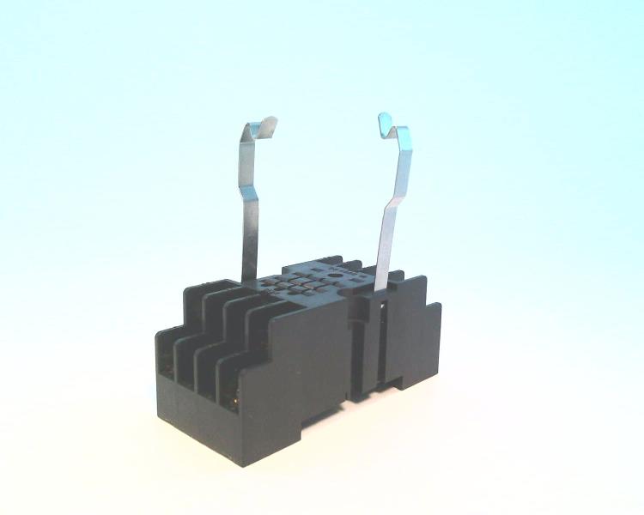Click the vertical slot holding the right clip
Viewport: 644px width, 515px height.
369,343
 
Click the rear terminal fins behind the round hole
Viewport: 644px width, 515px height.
352,263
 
